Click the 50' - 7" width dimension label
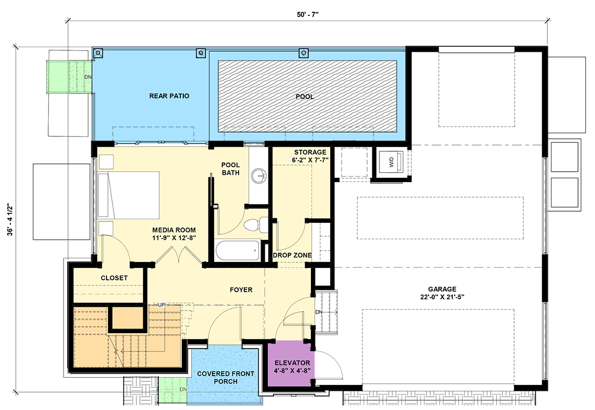tap(307, 15)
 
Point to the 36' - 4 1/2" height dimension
tap(10, 220)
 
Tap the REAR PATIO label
tap(169, 96)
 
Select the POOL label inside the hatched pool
tap(305, 97)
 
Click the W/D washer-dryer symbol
tap(392, 162)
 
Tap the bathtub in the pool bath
tap(237, 250)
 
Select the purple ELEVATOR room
tap(291, 363)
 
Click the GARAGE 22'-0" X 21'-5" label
tap(442, 293)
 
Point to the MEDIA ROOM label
tap(174, 234)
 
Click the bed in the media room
tap(129, 195)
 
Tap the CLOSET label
tap(114, 278)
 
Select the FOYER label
tap(241, 290)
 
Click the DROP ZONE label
tap(292, 255)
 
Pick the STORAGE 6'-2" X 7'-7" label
tap(310, 156)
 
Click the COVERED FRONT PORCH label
tap(225, 377)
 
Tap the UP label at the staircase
tap(162, 305)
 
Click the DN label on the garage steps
tap(318, 312)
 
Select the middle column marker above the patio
tap(201, 53)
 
